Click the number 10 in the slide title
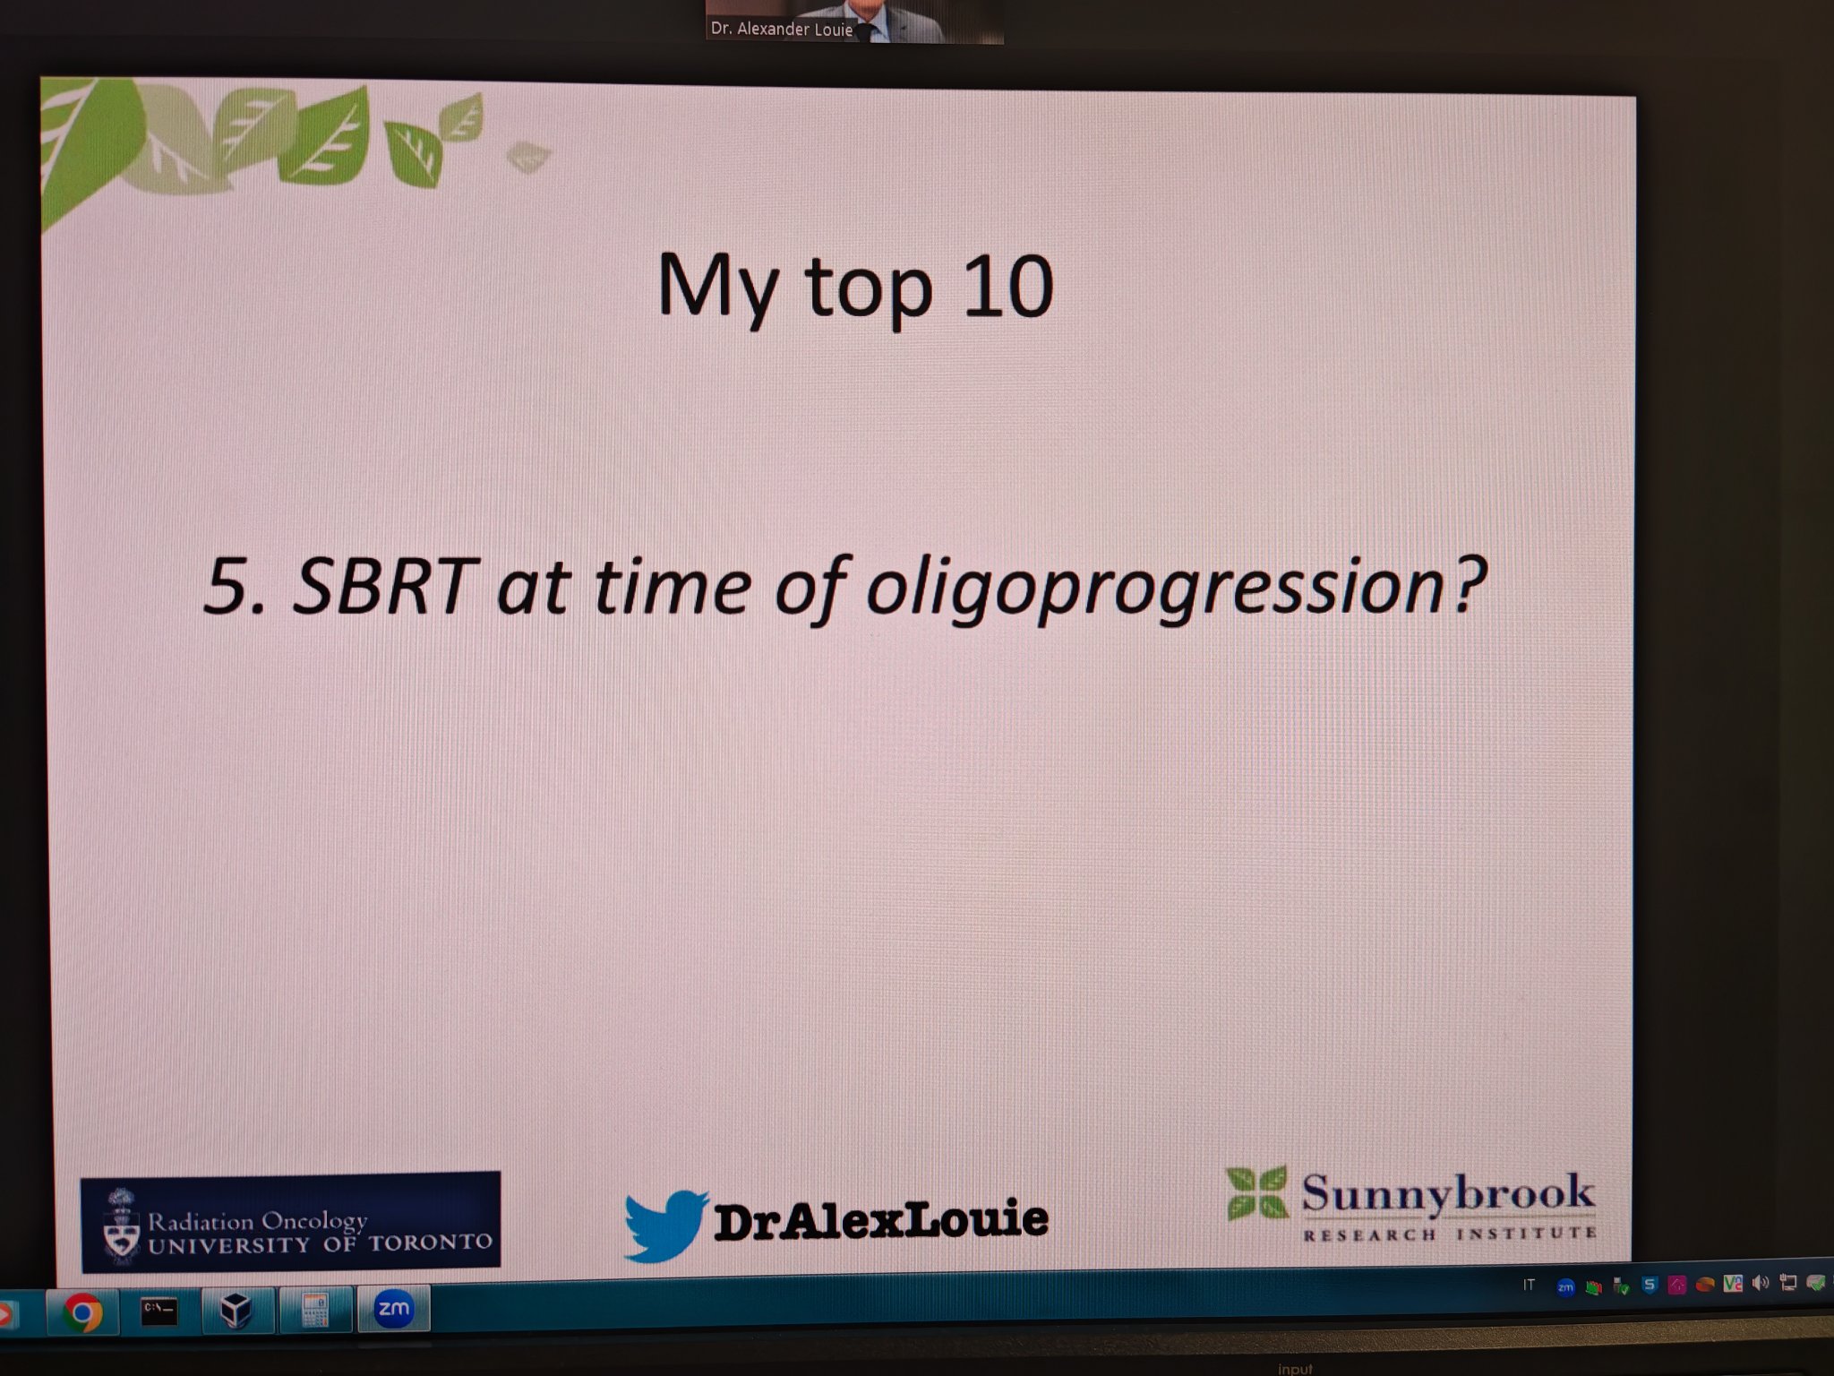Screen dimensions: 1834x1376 (x=1008, y=288)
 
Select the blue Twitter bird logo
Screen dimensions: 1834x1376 (x=664, y=1225)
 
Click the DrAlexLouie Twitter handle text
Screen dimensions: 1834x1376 (x=880, y=1219)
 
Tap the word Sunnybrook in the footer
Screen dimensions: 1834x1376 (x=1447, y=1193)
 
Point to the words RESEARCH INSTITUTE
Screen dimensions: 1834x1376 (x=1449, y=1234)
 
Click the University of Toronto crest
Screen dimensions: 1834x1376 (x=121, y=1225)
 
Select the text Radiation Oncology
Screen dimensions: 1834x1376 (x=258, y=1221)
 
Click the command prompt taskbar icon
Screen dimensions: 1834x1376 (x=159, y=1311)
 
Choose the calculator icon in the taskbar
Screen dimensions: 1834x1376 (x=314, y=1311)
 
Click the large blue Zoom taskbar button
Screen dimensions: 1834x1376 (x=393, y=1309)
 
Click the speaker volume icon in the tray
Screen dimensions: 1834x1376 (x=1760, y=1283)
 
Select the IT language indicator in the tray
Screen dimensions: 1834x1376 (x=1530, y=1286)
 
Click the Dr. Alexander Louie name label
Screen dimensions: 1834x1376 (x=781, y=29)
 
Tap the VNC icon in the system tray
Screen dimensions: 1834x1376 (x=1733, y=1284)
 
